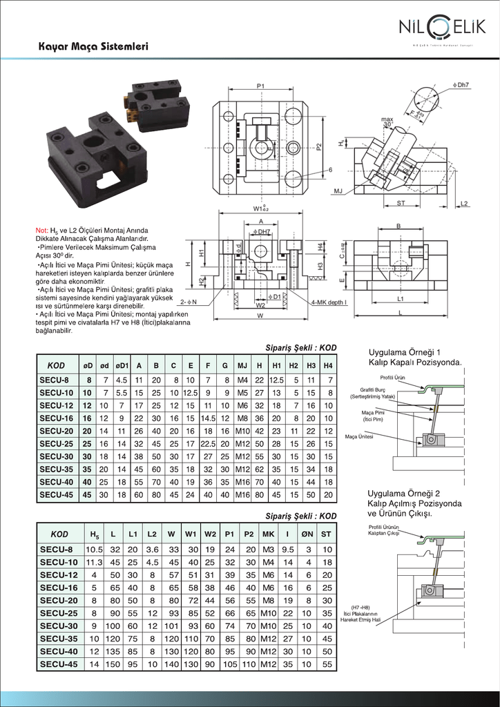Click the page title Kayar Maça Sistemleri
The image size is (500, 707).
93,48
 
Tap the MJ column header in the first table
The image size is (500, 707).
242,365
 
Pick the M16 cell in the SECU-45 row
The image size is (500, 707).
242,495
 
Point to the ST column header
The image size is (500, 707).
327,534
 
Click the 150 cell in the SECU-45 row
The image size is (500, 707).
115,665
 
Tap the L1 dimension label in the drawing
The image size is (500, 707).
401,299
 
